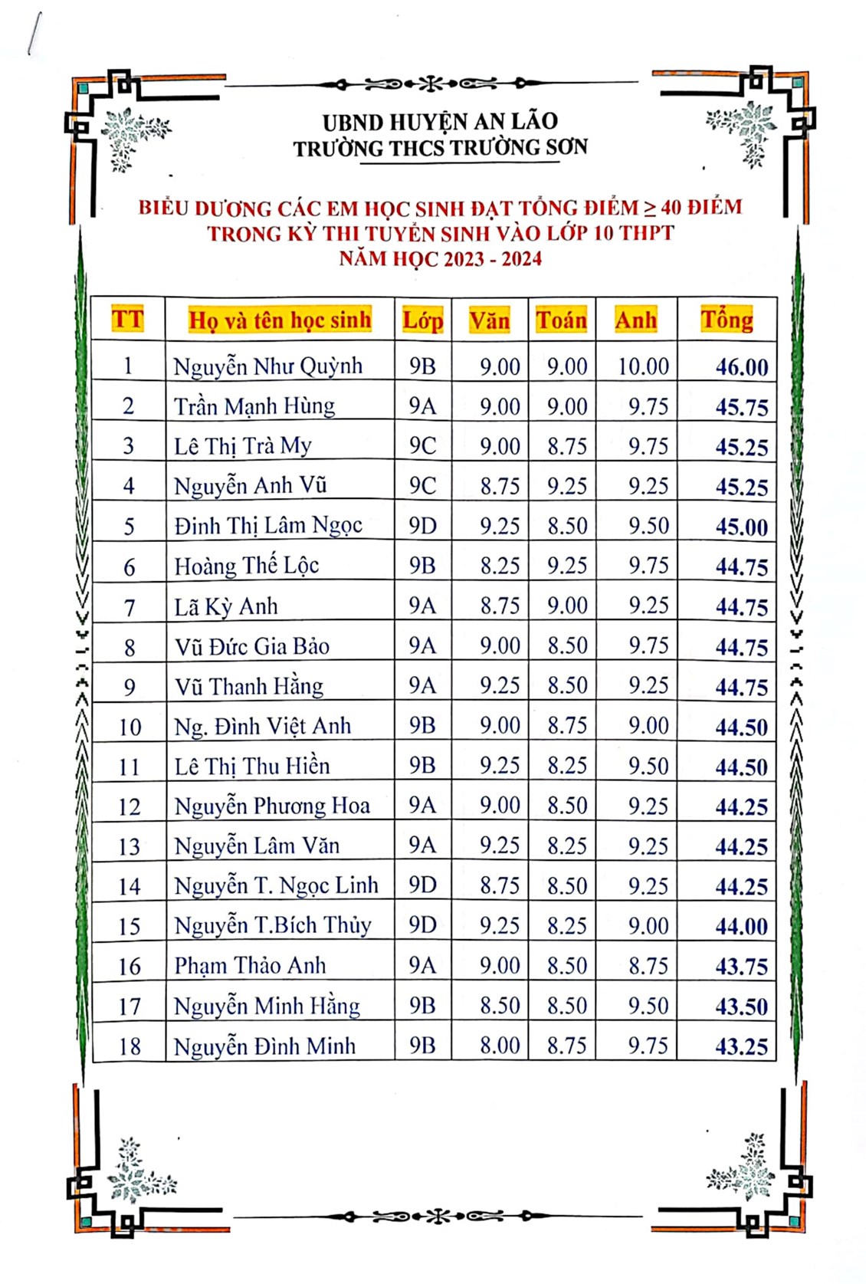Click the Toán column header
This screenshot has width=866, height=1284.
click(561, 320)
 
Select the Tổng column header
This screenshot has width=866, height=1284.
click(727, 320)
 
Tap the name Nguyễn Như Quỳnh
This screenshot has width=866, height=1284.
click(267, 366)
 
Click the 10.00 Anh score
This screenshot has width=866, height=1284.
click(643, 366)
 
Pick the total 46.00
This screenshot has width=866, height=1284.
click(741, 367)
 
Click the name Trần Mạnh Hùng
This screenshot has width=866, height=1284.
click(254, 406)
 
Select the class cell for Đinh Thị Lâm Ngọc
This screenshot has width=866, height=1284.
click(422, 526)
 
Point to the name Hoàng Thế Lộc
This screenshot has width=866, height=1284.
click(246, 566)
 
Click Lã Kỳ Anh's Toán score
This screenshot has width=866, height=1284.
click(567, 606)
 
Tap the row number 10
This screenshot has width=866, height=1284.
click(130, 726)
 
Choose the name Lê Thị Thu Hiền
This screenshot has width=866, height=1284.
click(251, 766)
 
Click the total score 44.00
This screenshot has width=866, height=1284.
click(741, 926)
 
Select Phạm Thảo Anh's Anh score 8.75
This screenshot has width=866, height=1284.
click(648, 966)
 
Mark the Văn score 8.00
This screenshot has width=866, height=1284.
click(500, 1046)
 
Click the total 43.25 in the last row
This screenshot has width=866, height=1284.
click(741, 1046)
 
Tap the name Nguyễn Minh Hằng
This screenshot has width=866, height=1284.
click(267, 1006)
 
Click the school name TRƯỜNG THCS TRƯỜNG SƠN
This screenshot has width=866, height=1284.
click(440, 147)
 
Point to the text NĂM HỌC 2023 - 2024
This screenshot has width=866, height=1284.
click(440, 258)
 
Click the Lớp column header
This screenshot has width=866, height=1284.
click(422, 320)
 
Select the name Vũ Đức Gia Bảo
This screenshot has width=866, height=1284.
click(251, 646)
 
